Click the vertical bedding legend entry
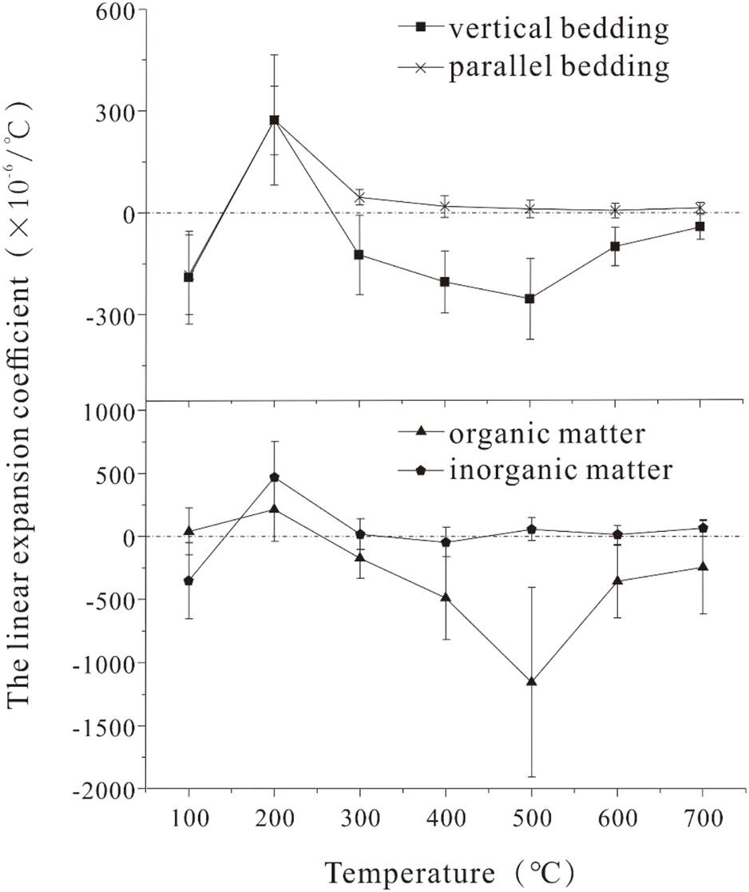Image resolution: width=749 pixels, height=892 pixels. coord(531,30)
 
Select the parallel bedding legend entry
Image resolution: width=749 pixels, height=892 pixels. coord(531,68)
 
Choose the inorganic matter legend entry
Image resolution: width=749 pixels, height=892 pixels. coord(531,470)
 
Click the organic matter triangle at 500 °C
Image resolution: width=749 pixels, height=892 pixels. coord(531,681)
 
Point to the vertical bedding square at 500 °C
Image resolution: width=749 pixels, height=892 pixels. coord(531,299)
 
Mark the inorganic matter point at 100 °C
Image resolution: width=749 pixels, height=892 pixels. coord(189,581)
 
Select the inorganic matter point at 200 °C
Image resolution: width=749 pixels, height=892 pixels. coord(275,478)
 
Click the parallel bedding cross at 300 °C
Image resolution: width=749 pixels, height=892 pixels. coord(360,197)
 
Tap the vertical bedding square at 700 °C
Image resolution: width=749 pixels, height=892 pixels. coord(700,227)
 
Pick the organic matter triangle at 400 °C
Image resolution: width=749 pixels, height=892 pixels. coord(446,597)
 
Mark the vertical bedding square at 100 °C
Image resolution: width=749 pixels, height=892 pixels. coord(189,277)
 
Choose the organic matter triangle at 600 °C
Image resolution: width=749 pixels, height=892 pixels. coord(616,581)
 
